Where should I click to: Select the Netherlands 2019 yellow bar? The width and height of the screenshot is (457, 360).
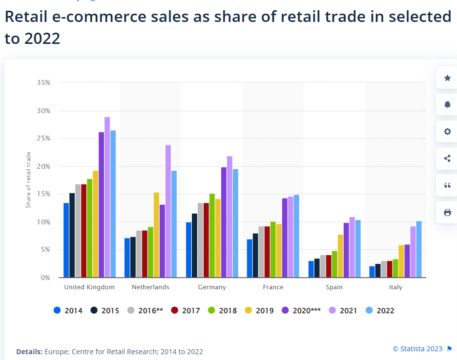pos(156,235)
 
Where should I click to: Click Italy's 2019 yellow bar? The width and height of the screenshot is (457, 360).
pos(401,261)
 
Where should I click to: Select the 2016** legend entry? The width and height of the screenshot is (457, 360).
pos(145,310)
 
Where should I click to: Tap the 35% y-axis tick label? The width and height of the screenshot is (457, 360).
pos(43,82)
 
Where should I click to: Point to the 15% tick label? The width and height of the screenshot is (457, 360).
pos(43,194)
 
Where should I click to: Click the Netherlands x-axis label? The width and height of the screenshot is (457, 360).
pos(150,287)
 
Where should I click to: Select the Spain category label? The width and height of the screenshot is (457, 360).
pos(334,287)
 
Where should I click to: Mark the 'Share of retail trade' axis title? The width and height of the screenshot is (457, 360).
pos(28,180)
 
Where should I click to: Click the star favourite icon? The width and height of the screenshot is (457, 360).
pos(447,78)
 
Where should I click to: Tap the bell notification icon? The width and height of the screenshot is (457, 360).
pos(447,105)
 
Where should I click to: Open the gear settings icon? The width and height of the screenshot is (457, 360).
pos(447,132)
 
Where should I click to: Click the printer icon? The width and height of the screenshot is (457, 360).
pos(447,212)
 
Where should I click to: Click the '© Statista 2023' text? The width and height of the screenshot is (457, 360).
pos(417,349)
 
